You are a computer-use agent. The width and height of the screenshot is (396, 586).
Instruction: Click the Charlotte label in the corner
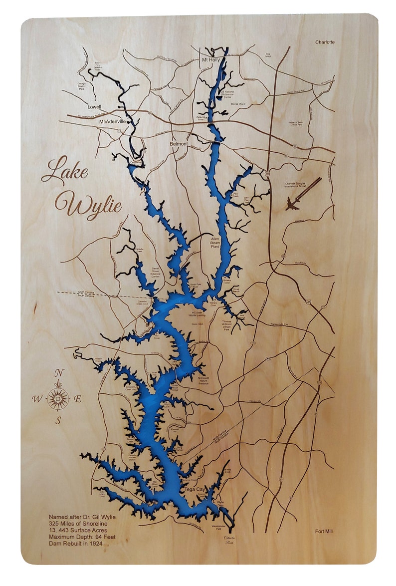[x=325, y=42]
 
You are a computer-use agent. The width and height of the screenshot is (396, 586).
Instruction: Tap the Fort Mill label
[x=324, y=531]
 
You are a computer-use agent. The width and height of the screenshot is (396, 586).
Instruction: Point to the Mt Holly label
[x=210, y=60]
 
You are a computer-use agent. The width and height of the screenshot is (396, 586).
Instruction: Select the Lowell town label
[x=94, y=107]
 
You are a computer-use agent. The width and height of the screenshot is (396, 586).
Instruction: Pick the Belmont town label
[x=179, y=144]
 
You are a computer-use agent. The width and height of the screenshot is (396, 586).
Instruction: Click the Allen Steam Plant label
[x=215, y=243]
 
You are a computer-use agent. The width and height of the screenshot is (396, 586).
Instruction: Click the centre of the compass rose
[x=58, y=398]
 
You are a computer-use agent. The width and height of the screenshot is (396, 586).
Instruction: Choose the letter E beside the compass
[x=78, y=398]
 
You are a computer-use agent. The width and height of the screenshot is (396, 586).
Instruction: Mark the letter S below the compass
[x=58, y=420]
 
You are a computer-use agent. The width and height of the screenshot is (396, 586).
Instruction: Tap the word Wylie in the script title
[x=88, y=204]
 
